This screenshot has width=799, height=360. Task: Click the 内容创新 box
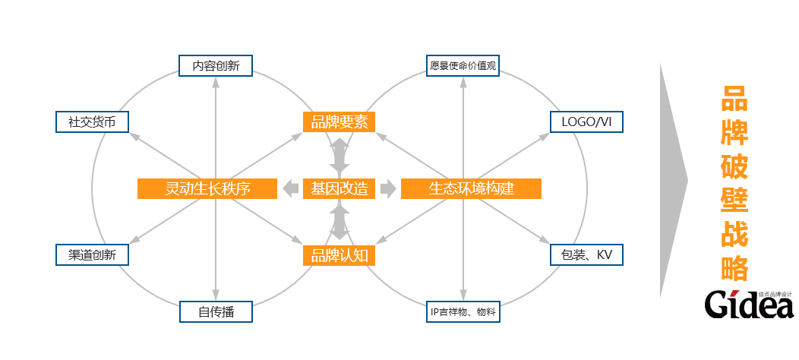(216, 65)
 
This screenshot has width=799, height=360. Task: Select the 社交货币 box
(93, 122)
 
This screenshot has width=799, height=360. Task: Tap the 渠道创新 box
(93, 254)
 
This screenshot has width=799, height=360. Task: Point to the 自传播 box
(216, 311)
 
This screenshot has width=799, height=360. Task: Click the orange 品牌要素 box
(339, 122)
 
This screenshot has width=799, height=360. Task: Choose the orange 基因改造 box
(339, 188)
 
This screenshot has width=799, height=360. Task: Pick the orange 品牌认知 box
(339, 255)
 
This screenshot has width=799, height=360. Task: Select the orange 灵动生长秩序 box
(207, 188)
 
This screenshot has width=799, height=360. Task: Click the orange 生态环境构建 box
(471, 188)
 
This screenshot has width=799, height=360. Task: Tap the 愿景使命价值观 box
(463, 65)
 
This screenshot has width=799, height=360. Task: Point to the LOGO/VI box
(586, 122)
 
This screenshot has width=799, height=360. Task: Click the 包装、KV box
(586, 254)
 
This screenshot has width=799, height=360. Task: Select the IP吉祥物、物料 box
(463, 311)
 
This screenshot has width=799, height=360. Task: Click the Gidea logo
(748, 304)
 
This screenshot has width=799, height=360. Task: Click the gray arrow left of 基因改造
(290, 188)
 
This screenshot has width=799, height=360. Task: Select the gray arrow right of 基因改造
(388, 188)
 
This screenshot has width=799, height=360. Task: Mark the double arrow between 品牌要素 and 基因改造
(339, 155)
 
